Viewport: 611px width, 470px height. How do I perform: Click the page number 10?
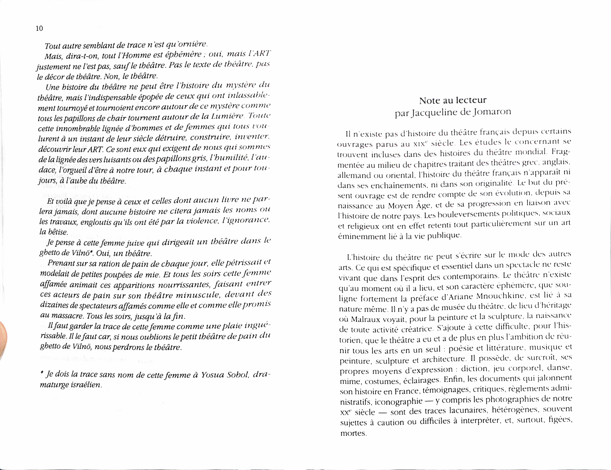coord(39,28)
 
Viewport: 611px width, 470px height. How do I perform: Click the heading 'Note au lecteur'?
coord(453,100)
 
